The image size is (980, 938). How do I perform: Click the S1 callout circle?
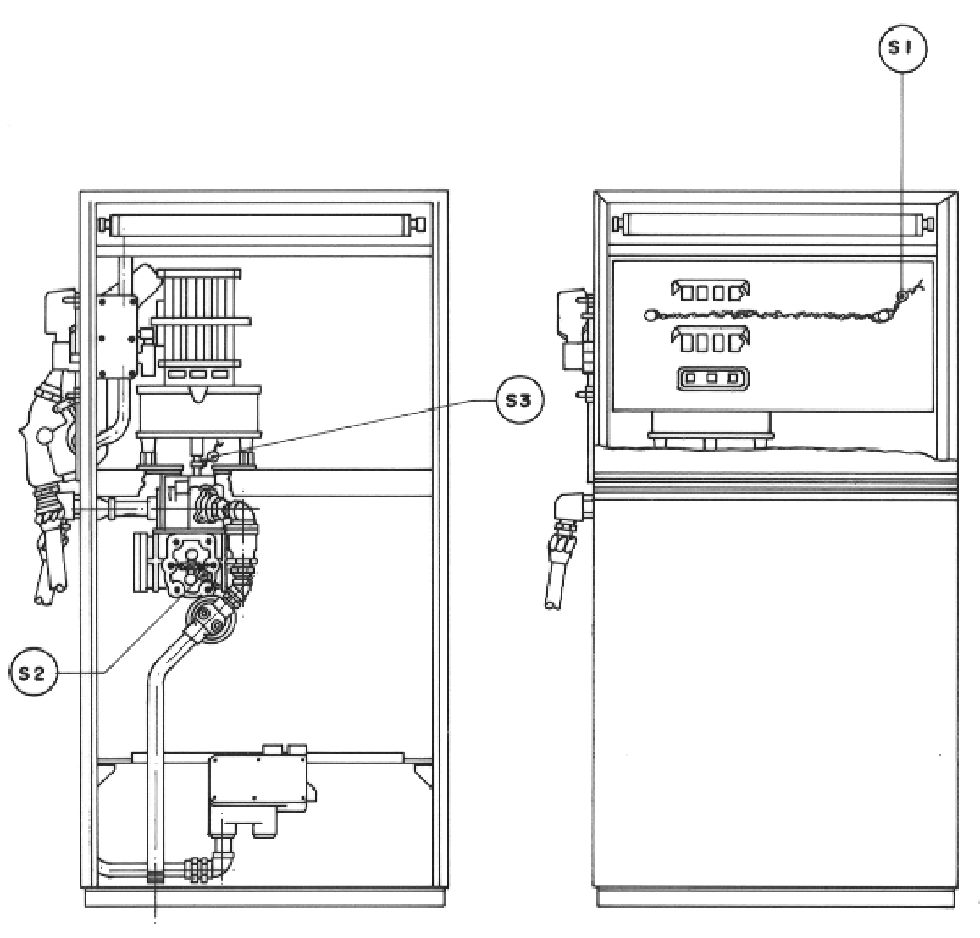click(x=903, y=48)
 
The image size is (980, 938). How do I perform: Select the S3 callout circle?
click(x=519, y=400)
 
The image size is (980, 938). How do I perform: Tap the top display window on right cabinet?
click(x=711, y=291)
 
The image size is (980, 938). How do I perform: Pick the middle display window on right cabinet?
click(x=711, y=341)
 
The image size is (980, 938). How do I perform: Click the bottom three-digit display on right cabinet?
click(x=713, y=379)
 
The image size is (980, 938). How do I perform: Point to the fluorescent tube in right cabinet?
click(x=773, y=223)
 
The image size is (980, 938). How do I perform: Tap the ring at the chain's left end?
click(x=651, y=314)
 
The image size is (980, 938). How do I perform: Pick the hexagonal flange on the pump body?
click(x=187, y=562)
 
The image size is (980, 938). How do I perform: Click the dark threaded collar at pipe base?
click(x=155, y=877)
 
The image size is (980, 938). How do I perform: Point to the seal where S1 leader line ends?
click(x=901, y=295)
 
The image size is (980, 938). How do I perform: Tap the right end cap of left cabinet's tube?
click(x=419, y=224)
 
